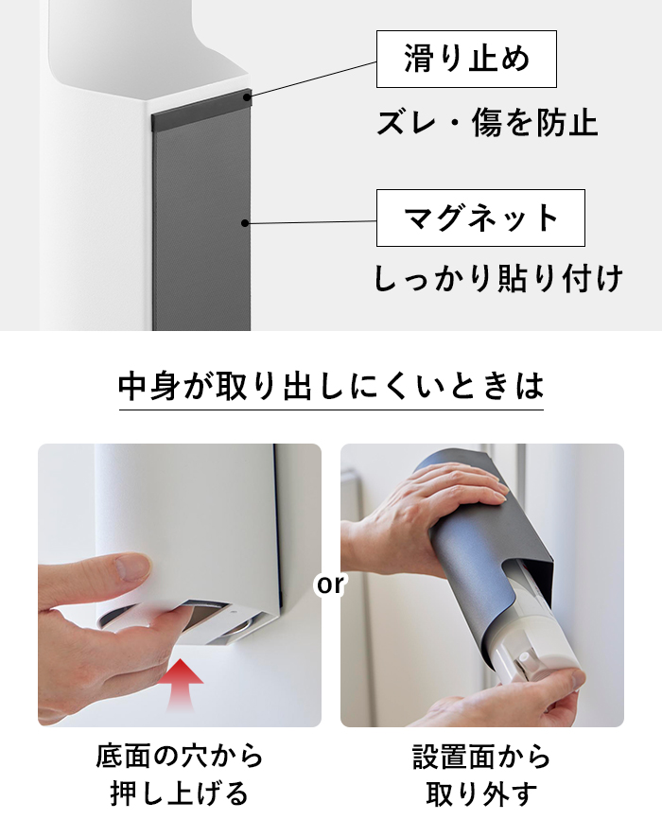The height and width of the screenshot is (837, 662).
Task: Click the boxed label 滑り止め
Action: click(x=466, y=59)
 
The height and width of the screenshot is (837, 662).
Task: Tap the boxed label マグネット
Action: click(x=480, y=218)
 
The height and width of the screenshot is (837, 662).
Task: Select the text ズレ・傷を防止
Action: click(x=487, y=123)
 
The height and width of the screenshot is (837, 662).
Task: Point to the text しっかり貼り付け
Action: click(x=498, y=278)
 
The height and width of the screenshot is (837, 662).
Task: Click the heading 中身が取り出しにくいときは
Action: click(x=331, y=386)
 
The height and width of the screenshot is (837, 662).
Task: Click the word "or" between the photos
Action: click(x=330, y=584)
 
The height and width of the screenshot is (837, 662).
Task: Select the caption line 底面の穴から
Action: click(x=180, y=757)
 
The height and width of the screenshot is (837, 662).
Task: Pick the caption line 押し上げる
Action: click(x=180, y=793)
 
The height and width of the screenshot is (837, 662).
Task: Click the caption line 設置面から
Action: click(x=481, y=757)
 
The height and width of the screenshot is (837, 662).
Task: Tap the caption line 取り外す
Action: click(x=481, y=793)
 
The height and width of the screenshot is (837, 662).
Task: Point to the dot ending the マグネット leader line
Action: click(x=245, y=223)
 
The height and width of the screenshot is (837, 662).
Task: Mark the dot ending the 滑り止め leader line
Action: click(x=247, y=97)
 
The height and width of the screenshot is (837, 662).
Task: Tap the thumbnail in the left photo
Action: click(x=131, y=567)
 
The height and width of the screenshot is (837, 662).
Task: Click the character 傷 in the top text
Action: click(x=487, y=123)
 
